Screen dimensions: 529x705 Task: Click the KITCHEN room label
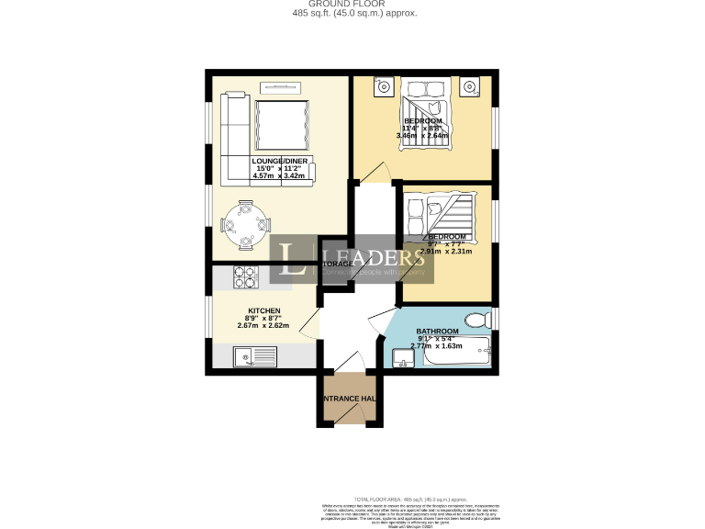click(x=263, y=311)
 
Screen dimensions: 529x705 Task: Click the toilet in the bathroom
click(x=476, y=321)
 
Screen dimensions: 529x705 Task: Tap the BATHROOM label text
click(x=437, y=332)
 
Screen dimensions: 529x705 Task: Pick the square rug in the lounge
click(x=280, y=126)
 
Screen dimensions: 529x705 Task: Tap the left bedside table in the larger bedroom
click(x=384, y=88)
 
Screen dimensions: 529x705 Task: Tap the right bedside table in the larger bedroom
click(x=470, y=88)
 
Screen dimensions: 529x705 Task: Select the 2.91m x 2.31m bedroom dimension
click(x=447, y=251)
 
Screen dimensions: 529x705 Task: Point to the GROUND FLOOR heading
click(x=352, y=4)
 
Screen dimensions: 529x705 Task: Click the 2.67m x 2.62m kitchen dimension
click(x=263, y=326)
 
